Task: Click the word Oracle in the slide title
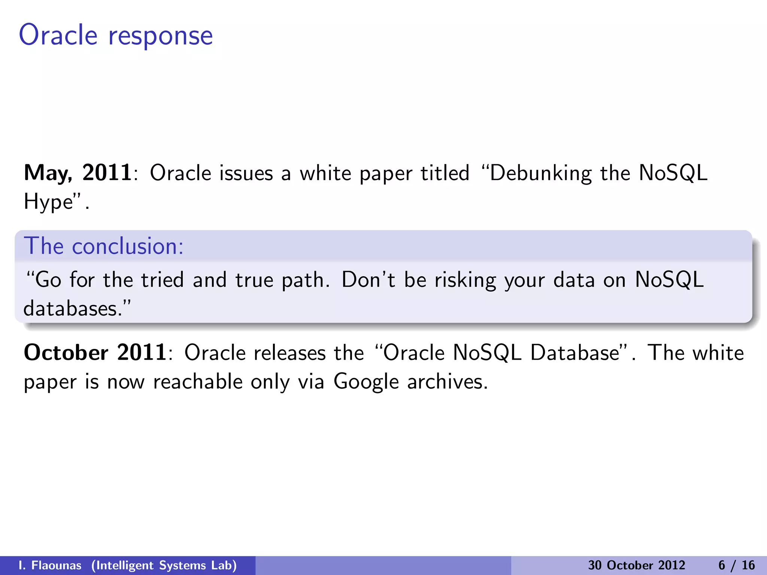pyautogui.click(x=58, y=35)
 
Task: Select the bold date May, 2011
pyautogui.click(x=78, y=173)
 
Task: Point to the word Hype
pyautogui.click(x=48, y=202)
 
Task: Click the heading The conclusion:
pyautogui.click(x=104, y=246)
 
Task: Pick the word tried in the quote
pyautogui.click(x=162, y=280)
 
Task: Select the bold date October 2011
pyautogui.click(x=95, y=353)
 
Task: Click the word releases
pyautogui.click(x=289, y=353)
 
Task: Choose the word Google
pyautogui.click(x=366, y=382)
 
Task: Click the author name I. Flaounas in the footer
pyautogui.click(x=50, y=565)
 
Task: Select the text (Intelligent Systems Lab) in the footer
pyautogui.click(x=164, y=565)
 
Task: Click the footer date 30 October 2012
pyautogui.click(x=636, y=565)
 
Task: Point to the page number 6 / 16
pyautogui.click(x=736, y=565)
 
